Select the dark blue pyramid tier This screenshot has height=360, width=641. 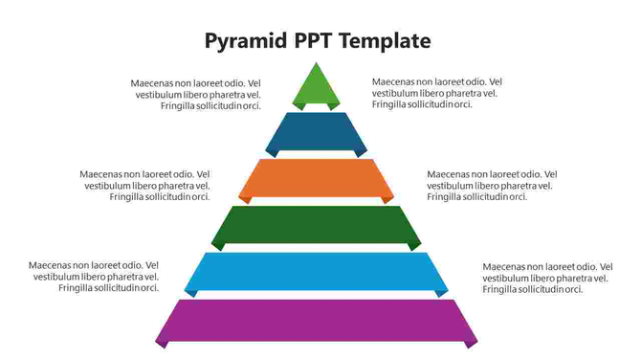(317, 131)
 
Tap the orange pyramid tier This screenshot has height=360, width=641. (317, 176)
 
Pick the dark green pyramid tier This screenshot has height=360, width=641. (317, 224)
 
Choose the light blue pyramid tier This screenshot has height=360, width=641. (317, 271)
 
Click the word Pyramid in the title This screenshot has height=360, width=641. (244, 41)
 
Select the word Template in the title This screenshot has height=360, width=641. (387, 41)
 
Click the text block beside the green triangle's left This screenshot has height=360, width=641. (196, 94)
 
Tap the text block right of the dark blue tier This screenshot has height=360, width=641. (436, 93)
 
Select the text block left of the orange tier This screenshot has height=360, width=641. (144, 186)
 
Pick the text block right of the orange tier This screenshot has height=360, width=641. (491, 186)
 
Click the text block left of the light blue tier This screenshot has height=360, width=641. (94, 277)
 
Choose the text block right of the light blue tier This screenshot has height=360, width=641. (545, 278)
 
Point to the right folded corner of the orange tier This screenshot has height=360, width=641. (387, 198)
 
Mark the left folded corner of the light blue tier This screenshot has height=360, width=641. (189, 293)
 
